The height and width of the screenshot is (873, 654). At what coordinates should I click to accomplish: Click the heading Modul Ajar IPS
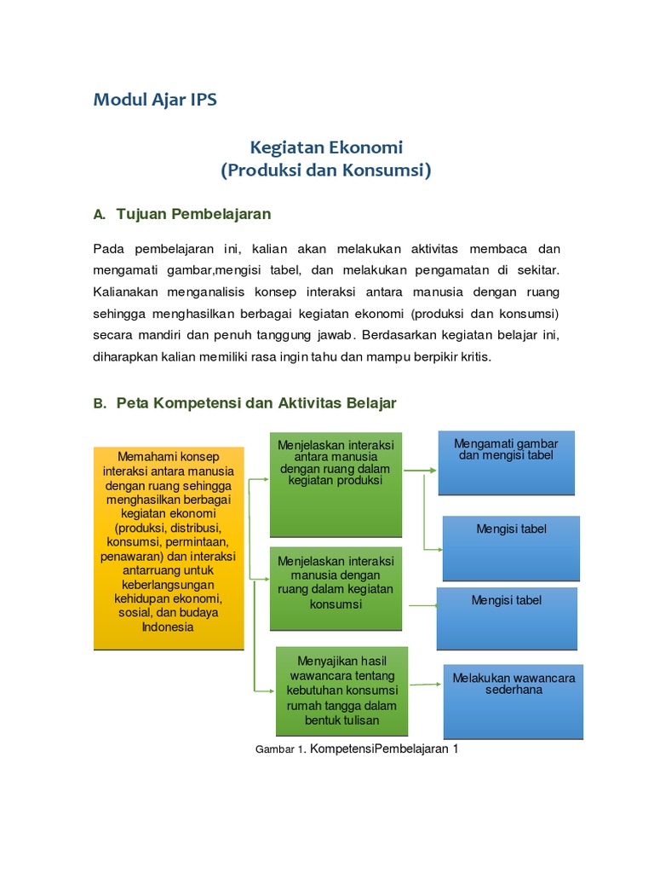pyautogui.click(x=155, y=100)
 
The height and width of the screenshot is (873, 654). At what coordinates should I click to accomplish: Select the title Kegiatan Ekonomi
pyautogui.click(x=326, y=147)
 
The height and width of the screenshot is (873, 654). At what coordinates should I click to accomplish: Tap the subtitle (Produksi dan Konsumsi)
pyautogui.click(x=326, y=170)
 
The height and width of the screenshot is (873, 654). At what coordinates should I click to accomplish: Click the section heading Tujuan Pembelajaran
pyautogui.click(x=193, y=213)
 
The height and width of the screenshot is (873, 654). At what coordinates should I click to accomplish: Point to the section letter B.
pyautogui.click(x=99, y=404)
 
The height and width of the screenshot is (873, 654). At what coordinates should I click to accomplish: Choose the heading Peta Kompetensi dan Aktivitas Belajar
pyautogui.click(x=256, y=403)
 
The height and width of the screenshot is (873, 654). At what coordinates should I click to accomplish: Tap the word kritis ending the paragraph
pyautogui.click(x=475, y=357)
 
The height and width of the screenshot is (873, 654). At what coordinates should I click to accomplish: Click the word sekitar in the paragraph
pyautogui.click(x=538, y=270)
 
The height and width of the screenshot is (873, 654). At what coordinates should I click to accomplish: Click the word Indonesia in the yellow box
pyautogui.click(x=169, y=627)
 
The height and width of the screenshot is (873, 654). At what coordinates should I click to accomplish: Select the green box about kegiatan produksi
pyautogui.click(x=336, y=484)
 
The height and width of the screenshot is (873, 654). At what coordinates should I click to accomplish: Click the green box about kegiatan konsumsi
pyautogui.click(x=336, y=587)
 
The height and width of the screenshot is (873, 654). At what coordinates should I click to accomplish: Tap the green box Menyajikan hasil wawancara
pyautogui.click(x=341, y=691)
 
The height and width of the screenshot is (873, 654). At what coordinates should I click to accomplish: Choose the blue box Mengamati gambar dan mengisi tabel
pyautogui.click(x=506, y=462)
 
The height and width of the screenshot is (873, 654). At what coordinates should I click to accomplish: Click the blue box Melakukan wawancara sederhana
pyautogui.click(x=513, y=701)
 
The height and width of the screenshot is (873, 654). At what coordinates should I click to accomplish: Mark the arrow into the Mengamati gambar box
pyautogui.click(x=421, y=470)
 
